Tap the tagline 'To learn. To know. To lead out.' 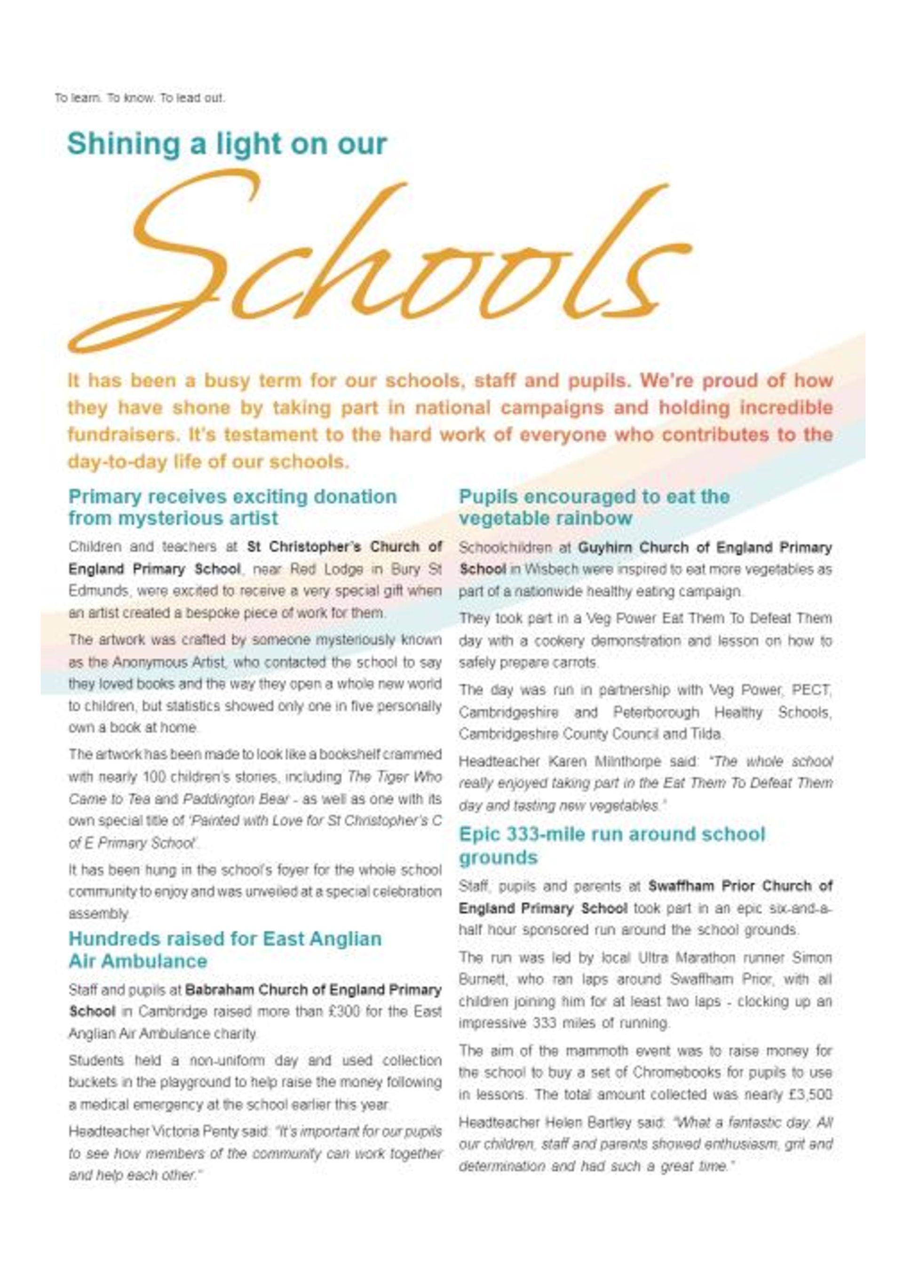coord(140,98)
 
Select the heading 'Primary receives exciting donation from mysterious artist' coord(232,507)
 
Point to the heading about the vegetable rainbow coord(594,507)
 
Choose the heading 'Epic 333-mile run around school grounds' coord(611,845)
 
